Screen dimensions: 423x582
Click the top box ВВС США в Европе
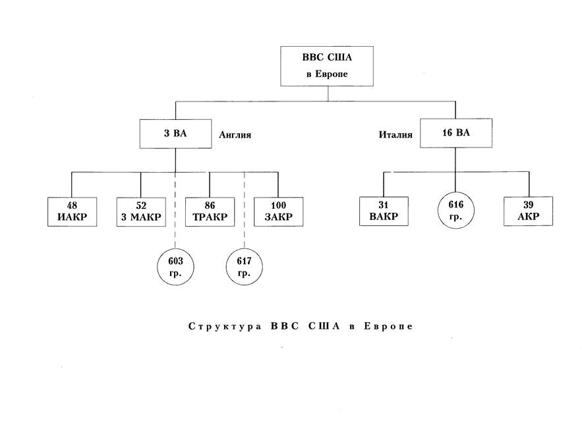328,66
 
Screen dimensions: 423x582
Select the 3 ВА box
175,134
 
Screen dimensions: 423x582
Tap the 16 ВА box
455,133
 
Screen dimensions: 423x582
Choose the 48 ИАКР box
72,211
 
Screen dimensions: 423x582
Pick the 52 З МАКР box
140,211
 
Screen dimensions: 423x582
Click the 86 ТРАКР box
210,211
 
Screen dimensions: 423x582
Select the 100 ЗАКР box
278,211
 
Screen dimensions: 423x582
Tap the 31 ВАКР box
383,211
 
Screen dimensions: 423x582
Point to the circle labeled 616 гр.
455,210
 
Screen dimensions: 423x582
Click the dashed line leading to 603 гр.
175,211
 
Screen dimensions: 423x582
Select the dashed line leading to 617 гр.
245,211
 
